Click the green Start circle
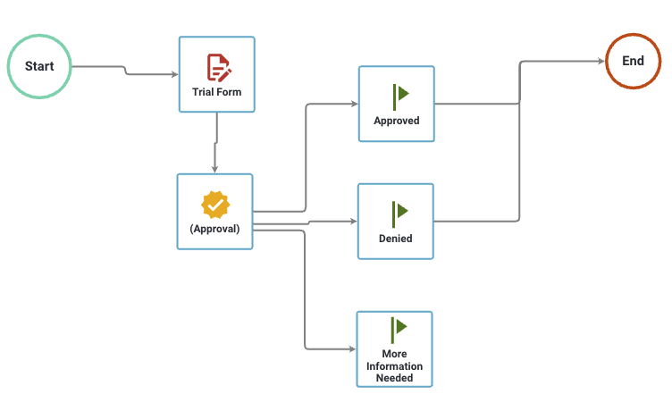39,67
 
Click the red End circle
633,62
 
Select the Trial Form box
216,74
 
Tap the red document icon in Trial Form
217,67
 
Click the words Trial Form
216,92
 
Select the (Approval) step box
214,211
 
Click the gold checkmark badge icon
215,205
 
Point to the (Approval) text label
214,229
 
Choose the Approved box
396,104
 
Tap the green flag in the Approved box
399,94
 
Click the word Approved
396,121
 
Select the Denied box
395,221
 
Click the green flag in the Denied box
399,212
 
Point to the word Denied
395,239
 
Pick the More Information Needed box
394,348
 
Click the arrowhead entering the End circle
600,62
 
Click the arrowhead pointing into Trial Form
174,73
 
